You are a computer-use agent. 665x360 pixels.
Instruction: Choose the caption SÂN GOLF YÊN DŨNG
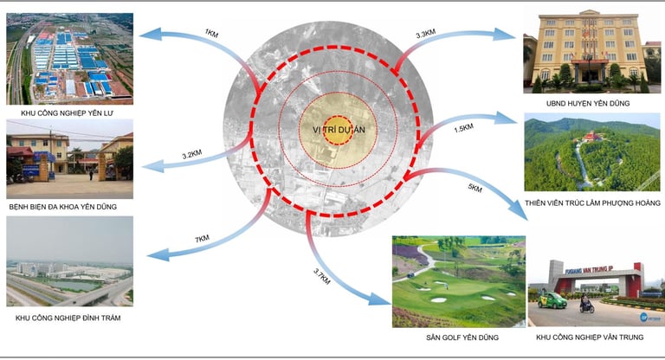click(x=458, y=337)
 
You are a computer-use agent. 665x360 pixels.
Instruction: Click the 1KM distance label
click(x=210, y=33)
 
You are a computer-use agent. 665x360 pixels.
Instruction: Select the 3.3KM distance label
click(x=425, y=35)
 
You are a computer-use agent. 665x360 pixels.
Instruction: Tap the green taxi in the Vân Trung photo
click(x=552, y=300)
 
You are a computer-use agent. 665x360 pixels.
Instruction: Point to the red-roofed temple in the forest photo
click(x=597, y=137)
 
